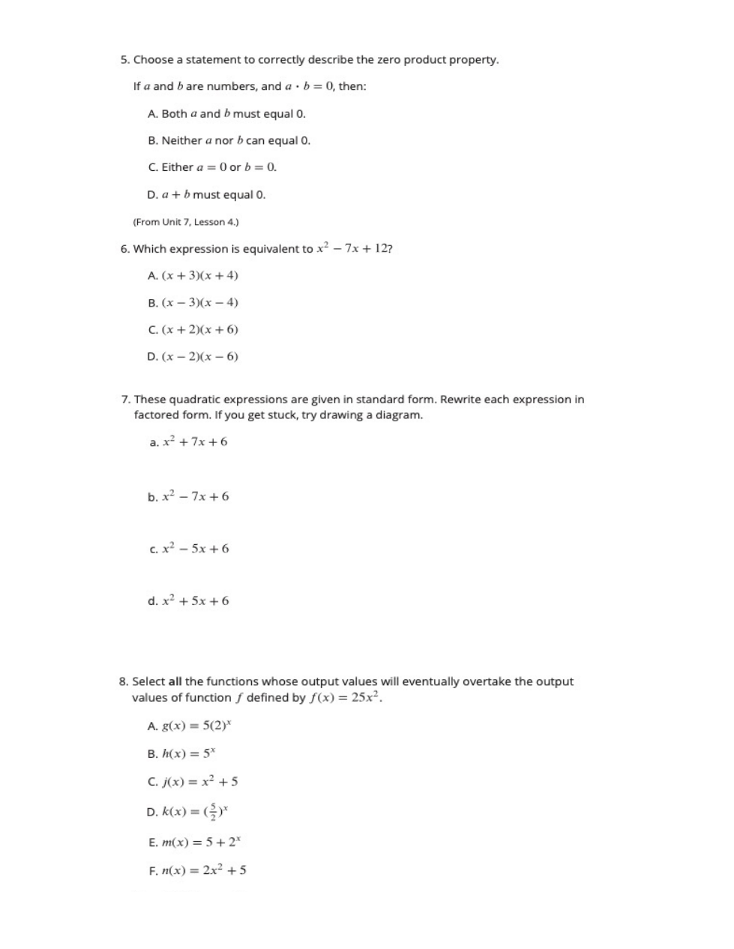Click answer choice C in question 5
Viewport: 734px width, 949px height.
(x=212, y=167)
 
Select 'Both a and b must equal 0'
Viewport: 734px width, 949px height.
(x=226, y=114)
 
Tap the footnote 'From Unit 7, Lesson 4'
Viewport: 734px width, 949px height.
(x=185, y=222)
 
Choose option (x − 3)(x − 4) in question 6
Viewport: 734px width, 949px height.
(x=193, y=303)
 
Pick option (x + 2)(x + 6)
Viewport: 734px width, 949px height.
(x=193, y=330)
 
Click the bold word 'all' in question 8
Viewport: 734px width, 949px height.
(x=175, y=681)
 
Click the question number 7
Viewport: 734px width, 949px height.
(x=125, y=400)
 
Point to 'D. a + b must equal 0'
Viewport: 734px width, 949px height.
(x=206, y=195)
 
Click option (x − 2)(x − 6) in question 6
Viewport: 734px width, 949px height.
(x=193, y=357)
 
